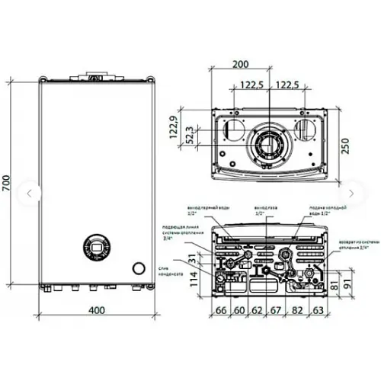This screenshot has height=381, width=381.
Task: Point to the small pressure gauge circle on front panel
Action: (138, 268)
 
